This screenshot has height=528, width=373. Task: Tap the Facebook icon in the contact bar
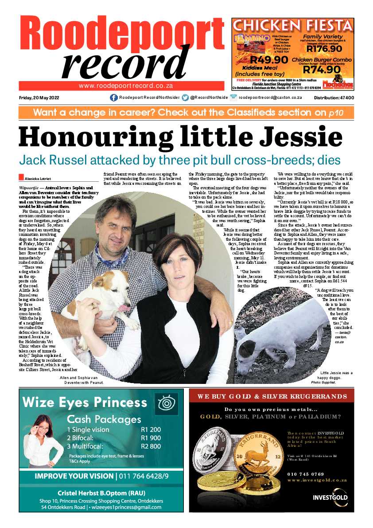(113, 98)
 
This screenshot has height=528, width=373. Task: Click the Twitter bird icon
(185, 98)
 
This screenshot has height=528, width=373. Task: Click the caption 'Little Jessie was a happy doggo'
(336, 375)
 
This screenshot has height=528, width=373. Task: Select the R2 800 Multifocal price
(151, 446)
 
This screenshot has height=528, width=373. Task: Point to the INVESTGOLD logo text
(330, 497)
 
